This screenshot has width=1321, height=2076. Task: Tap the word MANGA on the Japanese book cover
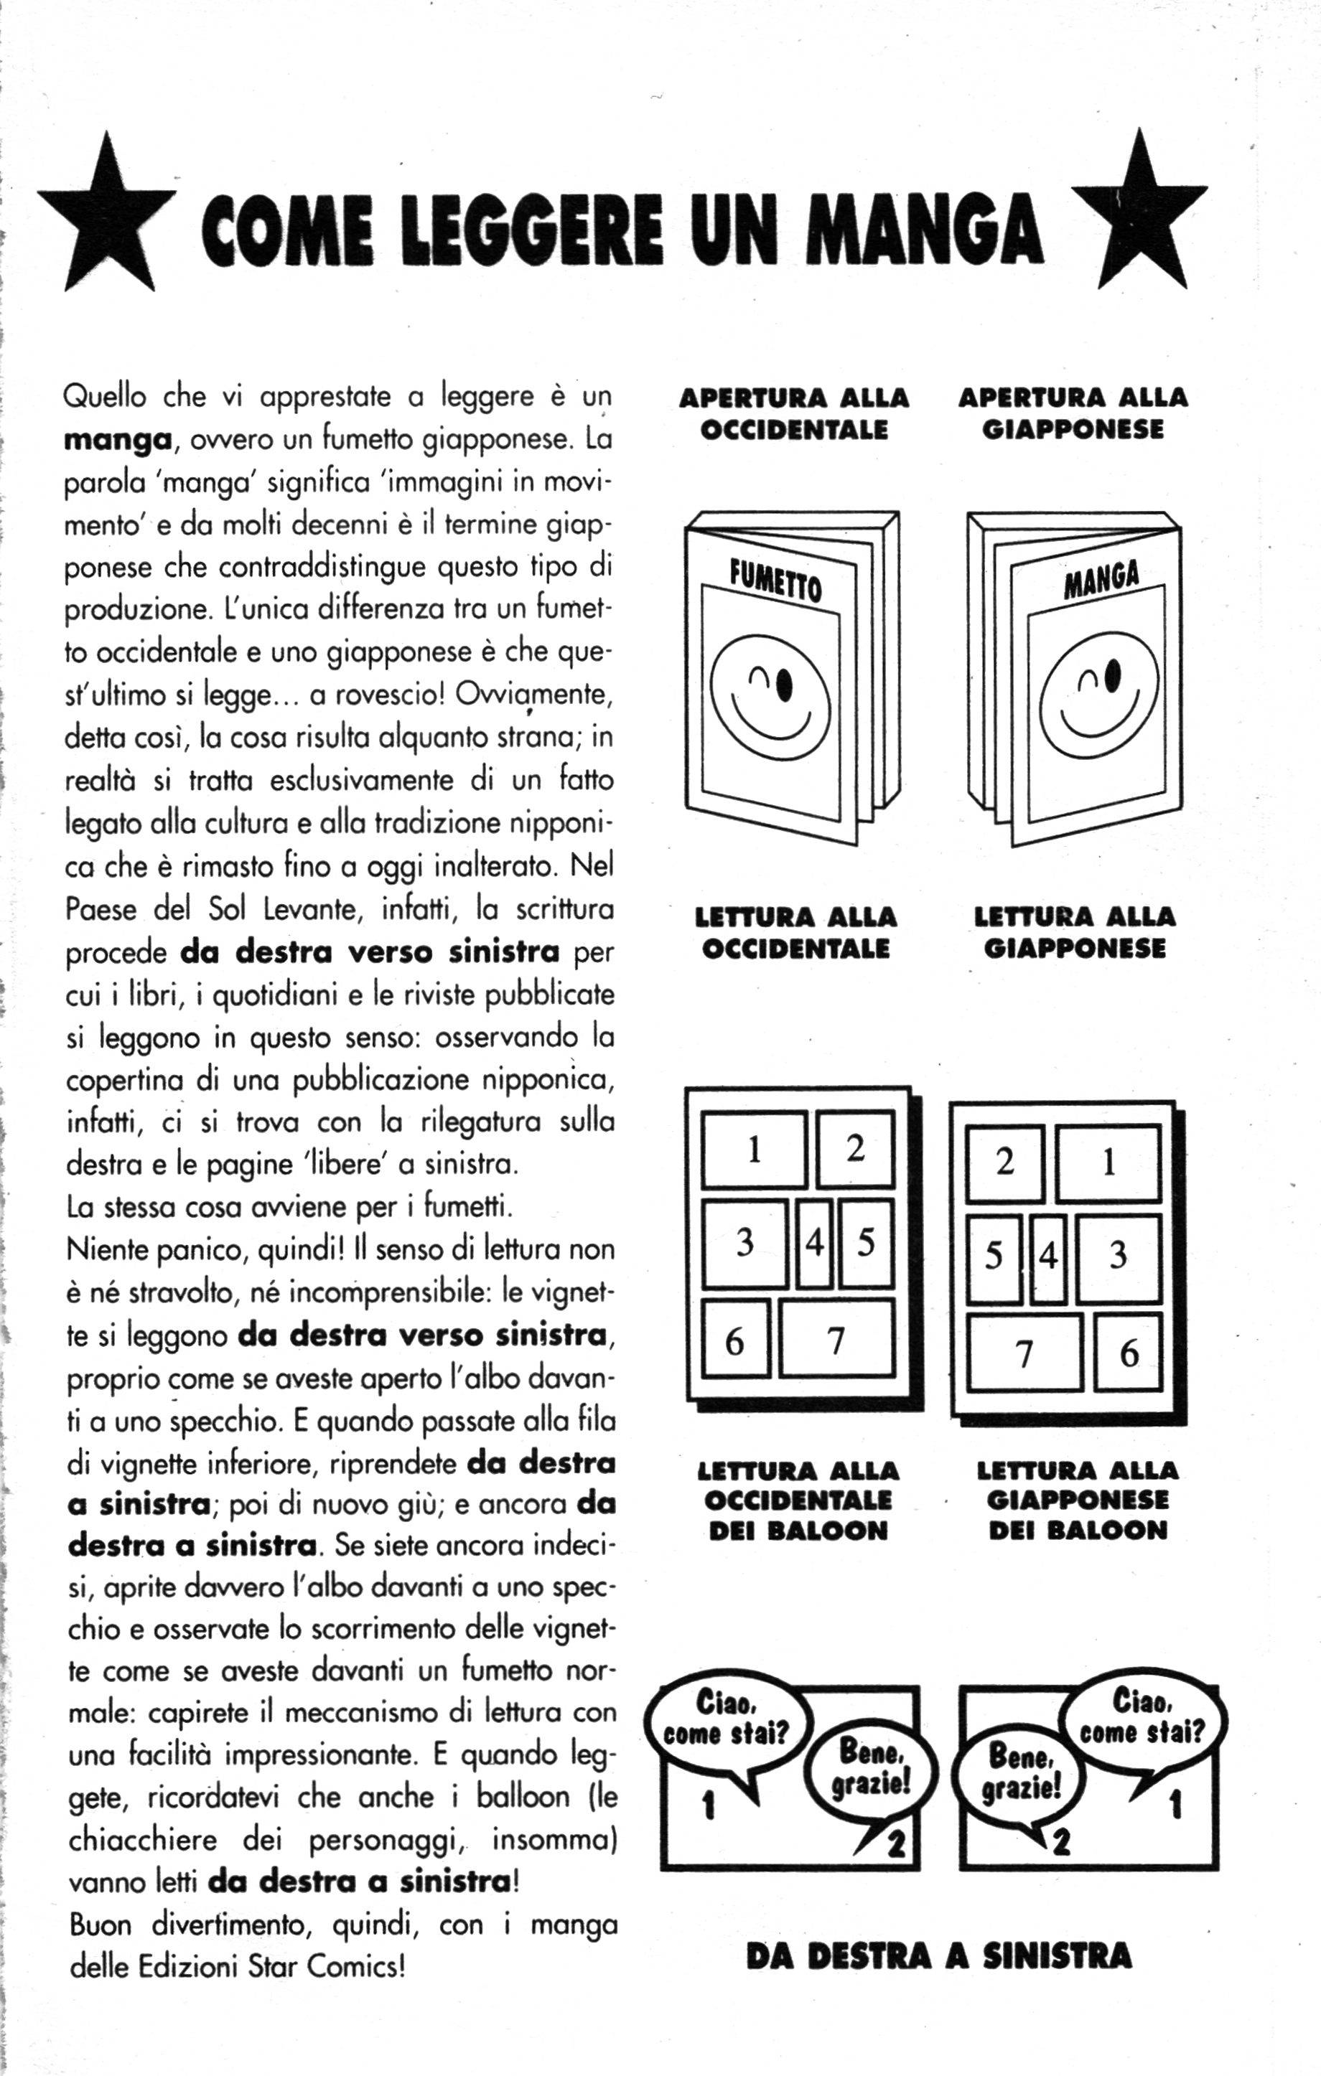[1101, 581]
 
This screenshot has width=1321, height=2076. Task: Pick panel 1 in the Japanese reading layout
[1109, 1163]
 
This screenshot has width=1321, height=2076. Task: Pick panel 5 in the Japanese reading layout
[994, 1258]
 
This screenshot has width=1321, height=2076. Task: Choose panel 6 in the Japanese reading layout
[1129, 1353]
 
